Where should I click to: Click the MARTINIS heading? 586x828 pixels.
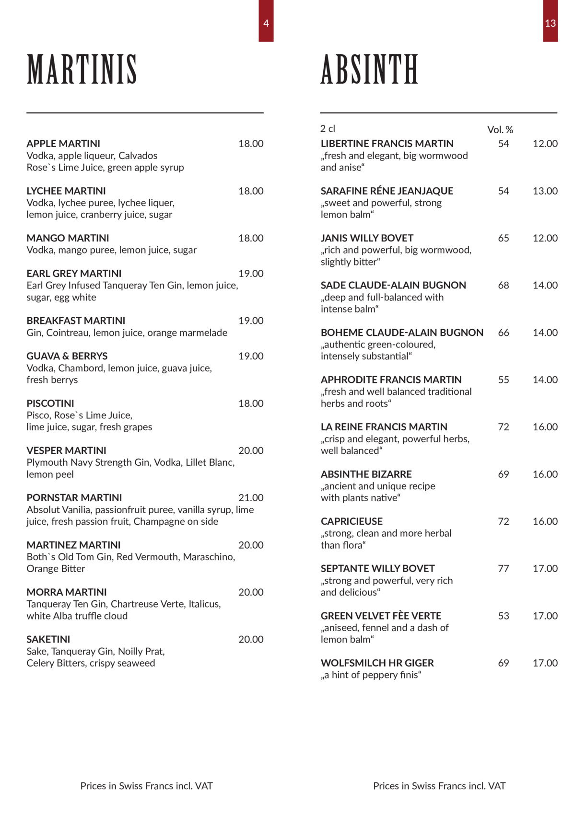click(82, 69)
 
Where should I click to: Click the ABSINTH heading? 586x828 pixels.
click(369, 69)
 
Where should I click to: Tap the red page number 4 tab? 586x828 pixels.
click(266, 22)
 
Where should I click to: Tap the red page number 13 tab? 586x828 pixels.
click(550, 22)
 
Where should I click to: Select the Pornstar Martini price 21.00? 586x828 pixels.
click(251, 497)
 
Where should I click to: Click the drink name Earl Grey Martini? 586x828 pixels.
click(74, 273)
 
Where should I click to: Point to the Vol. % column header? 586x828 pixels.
click(500, 129)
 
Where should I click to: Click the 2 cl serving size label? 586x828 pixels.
click(328, 128)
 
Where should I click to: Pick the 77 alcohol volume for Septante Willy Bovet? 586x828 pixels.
click(504, 568)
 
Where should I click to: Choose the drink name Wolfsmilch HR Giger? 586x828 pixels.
click(377, 663)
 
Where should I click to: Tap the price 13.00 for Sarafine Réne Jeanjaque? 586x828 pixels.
click(545, 191)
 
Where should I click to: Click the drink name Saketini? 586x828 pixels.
click(48, 639)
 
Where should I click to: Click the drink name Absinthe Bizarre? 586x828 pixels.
click(366, 474)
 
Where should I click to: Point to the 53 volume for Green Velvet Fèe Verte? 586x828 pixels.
click(504, 616)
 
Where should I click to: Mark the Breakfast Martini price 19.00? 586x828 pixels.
click(251, 321)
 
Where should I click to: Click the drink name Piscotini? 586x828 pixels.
click(50, 403)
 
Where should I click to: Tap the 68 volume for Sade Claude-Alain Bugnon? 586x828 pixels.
click(504, 285)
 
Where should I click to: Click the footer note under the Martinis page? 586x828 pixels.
click(146, 786)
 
